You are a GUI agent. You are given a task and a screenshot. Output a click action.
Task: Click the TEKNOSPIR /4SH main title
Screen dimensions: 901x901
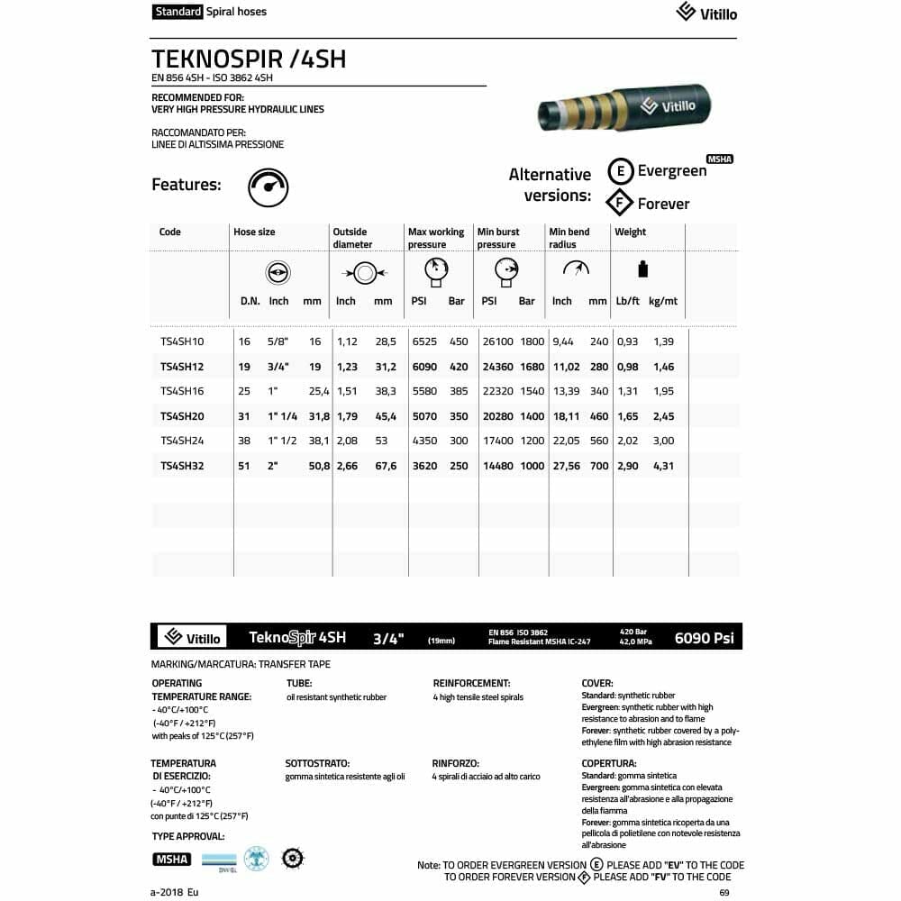point(249,59)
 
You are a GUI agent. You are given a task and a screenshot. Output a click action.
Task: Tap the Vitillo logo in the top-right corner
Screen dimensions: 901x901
point(706,13)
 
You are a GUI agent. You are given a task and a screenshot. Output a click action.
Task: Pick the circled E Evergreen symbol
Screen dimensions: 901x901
point(620,171)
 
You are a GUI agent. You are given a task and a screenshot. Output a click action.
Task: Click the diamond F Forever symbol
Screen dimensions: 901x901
point(620,203)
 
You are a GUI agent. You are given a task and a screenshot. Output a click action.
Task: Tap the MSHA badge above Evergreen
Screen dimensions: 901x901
point(720,159)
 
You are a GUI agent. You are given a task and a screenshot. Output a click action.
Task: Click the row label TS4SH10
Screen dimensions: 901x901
point(182,342)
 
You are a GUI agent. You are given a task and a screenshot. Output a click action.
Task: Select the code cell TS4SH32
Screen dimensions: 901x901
point(182,466)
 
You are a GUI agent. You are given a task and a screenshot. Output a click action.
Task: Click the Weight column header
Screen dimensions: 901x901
point(631,232)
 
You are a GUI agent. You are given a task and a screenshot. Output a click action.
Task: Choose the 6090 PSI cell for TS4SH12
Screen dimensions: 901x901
point(424,367)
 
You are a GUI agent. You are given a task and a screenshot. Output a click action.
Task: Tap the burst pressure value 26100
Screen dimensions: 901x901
point(497,342)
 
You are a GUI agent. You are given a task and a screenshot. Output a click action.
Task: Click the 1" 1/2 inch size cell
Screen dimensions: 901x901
point(282,441)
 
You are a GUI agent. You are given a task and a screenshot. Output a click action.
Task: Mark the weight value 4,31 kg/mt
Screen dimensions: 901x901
point(663,466)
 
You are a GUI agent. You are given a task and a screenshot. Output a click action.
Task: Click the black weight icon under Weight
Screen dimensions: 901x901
point(642,268)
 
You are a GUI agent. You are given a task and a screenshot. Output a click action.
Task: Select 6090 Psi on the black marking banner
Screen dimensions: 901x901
point(704,638)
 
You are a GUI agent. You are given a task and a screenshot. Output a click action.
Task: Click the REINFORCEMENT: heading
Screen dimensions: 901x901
point(471,683)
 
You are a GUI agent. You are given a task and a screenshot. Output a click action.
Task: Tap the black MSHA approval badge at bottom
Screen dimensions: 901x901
point(171,859)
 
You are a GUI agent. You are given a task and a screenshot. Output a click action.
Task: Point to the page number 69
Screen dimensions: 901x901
point(724,892)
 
